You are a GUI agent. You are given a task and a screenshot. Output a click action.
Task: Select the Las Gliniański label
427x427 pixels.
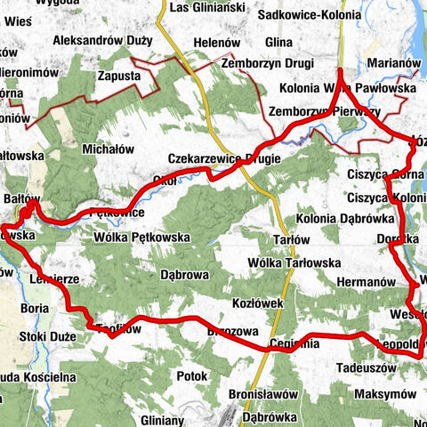coord(206,7)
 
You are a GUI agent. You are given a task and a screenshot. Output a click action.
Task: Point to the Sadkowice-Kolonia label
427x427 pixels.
coord(308,15)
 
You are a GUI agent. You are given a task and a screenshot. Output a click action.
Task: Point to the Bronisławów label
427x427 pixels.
coord(262,393)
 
